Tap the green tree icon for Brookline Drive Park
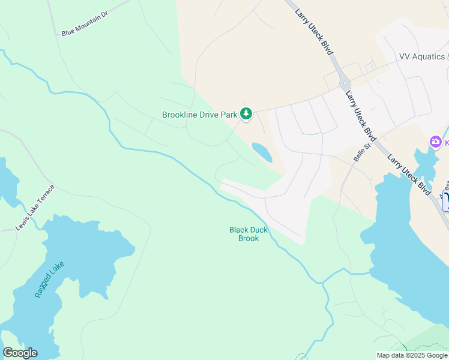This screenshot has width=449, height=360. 246,113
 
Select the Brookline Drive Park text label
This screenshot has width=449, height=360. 200,115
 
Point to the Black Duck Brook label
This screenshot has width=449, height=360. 244,234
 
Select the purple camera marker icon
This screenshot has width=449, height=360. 435,142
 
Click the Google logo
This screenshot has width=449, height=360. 20,353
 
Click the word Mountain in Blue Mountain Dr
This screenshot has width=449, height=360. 86,23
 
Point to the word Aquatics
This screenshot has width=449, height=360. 430,56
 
